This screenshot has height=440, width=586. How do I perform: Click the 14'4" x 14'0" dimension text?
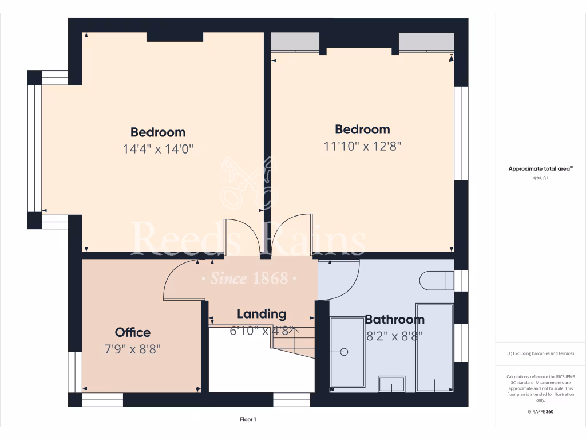[158, 150]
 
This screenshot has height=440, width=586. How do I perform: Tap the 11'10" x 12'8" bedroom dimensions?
[362, 146]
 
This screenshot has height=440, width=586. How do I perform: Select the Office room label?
[133, 332]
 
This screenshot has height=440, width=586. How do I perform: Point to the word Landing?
[262, 314]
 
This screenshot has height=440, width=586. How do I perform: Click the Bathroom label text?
[394, 320]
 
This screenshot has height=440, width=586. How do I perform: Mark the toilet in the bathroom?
[436, 281]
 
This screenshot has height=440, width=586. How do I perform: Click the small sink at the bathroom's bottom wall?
[391, 384]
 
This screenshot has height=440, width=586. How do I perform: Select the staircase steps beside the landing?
[293, 342]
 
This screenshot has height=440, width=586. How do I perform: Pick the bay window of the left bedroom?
[35, 149]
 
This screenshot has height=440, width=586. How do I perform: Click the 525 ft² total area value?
[541, 179]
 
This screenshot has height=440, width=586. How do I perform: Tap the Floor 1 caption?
[248, 419]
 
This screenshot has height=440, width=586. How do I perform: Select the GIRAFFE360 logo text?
[541, 411]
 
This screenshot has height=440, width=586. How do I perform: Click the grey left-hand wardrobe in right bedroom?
[295, 42]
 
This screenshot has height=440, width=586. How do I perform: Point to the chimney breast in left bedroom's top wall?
[175, 37]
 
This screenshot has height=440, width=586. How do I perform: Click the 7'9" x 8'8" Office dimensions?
[133, 349]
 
